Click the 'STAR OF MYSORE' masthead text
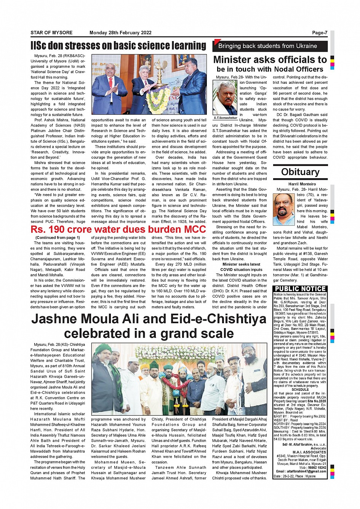(51, 33)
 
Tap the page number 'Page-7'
(319, 33)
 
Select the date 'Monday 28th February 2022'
(120, 33)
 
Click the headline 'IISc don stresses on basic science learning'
(118, 46)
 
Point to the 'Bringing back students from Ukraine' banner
(267, 46)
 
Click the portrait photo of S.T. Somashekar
(225, 98)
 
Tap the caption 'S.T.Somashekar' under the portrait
(225, 118)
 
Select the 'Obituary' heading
(300, 172)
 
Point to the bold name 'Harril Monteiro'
(302, 184)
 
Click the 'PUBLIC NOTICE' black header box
(300, 289)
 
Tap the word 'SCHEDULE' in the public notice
(300, 389)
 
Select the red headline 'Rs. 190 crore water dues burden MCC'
(118, 230)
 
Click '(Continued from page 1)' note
(58, 238)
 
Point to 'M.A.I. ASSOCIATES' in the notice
(309, 452)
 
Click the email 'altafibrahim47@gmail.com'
(304, 471)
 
